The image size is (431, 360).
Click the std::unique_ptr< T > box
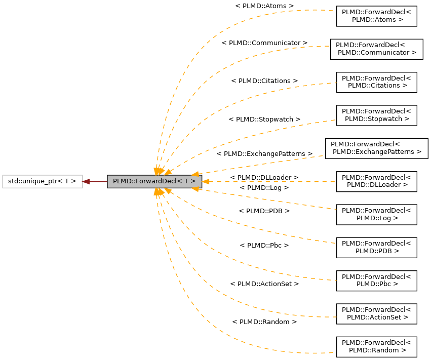coord(42,181)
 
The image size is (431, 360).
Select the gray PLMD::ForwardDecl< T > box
coord(154,181)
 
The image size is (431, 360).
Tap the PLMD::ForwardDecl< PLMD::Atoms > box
coord(376,16)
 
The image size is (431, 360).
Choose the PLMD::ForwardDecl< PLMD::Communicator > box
coord(376,49)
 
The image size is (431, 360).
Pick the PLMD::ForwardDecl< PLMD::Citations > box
coord(376,82)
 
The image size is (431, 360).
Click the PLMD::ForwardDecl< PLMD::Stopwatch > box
coord(376,115)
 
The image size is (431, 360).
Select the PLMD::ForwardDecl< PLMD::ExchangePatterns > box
coord(376,148)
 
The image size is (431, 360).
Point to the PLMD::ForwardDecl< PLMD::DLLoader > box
coord(376,181)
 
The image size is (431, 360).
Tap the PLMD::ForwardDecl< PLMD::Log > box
coord(376,214)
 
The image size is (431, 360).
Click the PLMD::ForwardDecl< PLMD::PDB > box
coord(376,247)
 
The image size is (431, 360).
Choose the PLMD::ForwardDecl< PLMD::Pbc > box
coord(376,281)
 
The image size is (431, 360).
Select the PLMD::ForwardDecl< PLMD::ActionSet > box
coord(376,313)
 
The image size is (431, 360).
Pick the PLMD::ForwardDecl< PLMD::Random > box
coord(376,347)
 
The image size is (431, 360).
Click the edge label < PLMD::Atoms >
coord(264,6)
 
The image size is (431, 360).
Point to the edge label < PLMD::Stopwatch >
coord(264,119)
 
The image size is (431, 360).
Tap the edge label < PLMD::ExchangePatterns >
coord(264,153)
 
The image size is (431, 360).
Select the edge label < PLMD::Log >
coord(264,187)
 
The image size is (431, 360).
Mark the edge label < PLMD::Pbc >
coord(264,245)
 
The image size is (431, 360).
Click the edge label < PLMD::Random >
coord(264,322)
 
